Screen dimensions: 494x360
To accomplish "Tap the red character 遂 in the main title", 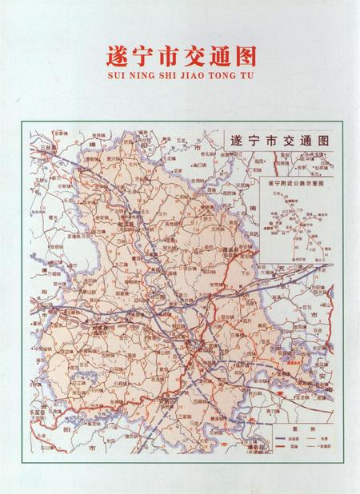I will pyautogui.click(x=118, y=56).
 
